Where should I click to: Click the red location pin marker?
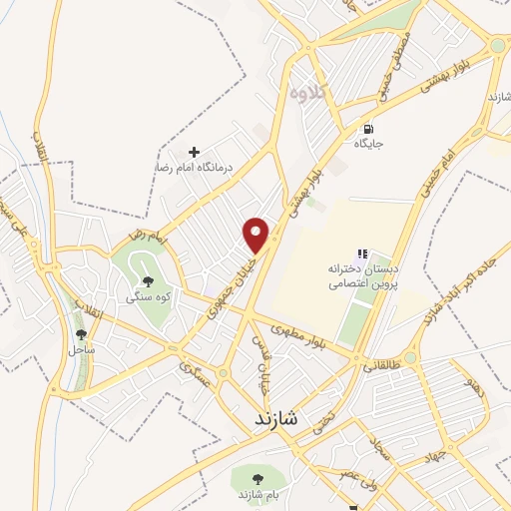point(258,235)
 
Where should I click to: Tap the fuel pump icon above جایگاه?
point(368,128)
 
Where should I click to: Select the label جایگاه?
point(368,144)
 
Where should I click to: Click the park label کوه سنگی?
point(147,296)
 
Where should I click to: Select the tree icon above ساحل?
point(81,334)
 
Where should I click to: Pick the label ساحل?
point(81,350)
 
